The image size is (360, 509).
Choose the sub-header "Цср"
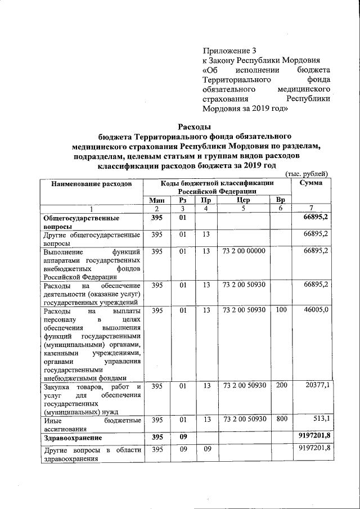coord(244,200)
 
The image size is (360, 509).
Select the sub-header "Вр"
coord(281,200)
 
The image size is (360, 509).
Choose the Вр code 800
coord(281,420)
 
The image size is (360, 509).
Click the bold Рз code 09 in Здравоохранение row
coord(182,436)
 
